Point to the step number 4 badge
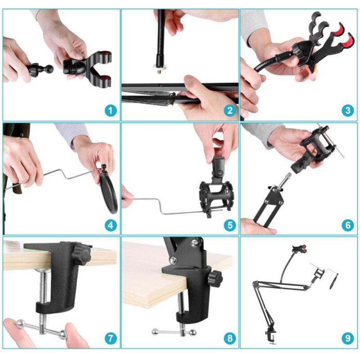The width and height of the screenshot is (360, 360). pos(111,225)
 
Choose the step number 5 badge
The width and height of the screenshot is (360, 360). pos(230,225)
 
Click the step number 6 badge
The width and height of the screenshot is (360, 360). pos(347,225)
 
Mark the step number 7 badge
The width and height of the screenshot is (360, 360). pos(111,338)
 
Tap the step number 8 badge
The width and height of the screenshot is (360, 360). pos(230,338)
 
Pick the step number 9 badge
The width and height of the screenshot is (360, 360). pos(347,338)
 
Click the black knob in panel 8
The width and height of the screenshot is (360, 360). pos(215,279)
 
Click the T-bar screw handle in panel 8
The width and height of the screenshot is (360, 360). pos(173,332)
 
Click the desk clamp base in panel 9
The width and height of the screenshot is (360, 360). pos(270,336)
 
